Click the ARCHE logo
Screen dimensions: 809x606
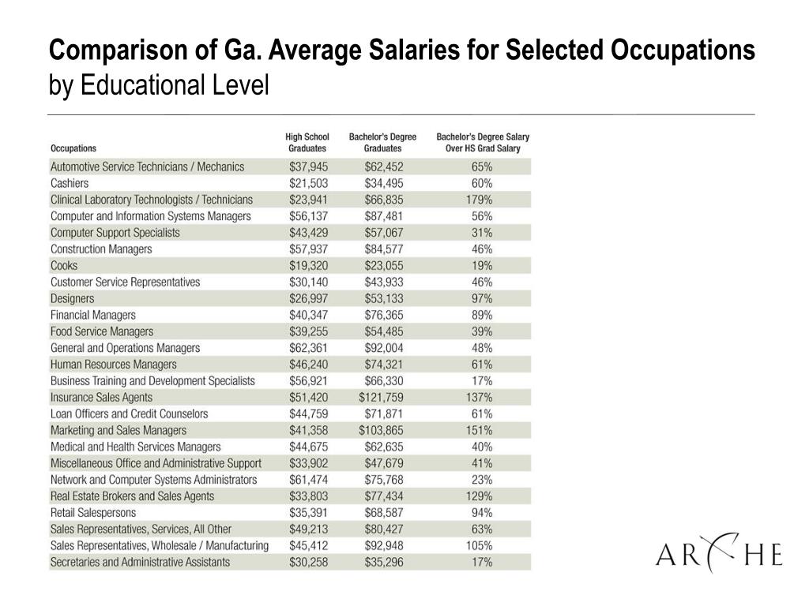pos(719,553)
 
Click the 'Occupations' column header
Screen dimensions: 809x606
pos(73,148)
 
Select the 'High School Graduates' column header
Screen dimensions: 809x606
pos(307,143)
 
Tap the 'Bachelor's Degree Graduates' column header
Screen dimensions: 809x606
pos(382,143)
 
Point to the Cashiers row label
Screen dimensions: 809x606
pos(70,183)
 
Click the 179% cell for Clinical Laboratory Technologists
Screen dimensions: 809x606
pos(479,200)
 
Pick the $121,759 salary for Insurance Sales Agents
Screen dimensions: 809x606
pos(382,398)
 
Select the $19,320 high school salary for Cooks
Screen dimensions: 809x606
pos(308,266)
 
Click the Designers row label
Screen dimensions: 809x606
pos(72,299)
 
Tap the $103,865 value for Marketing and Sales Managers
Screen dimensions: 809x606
pos(382,431)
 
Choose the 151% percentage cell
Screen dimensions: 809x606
pos(479,431)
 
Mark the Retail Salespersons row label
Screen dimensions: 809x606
pos(93,513)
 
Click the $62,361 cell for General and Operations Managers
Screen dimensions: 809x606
pos(308,348)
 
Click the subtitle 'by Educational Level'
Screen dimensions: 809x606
pos(159,85)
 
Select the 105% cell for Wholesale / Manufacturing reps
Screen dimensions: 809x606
pos(479,546)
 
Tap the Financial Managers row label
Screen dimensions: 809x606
pos(93,316)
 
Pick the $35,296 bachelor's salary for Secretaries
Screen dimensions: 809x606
pos(384,562)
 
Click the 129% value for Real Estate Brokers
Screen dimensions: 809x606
pos(479,496)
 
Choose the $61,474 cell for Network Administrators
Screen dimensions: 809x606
pos(308,480)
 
